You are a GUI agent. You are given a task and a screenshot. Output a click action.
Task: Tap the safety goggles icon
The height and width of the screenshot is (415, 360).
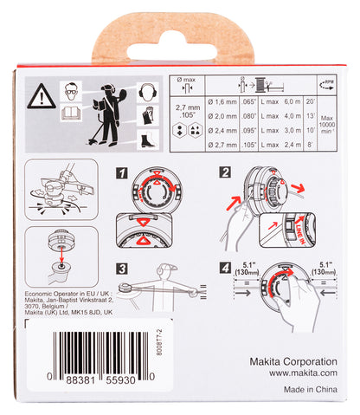click(74, 90)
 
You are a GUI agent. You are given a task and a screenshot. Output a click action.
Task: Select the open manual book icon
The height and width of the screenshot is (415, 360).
click(72, 113)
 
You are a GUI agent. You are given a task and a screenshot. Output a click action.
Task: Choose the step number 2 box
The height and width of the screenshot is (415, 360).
click(225, 172)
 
